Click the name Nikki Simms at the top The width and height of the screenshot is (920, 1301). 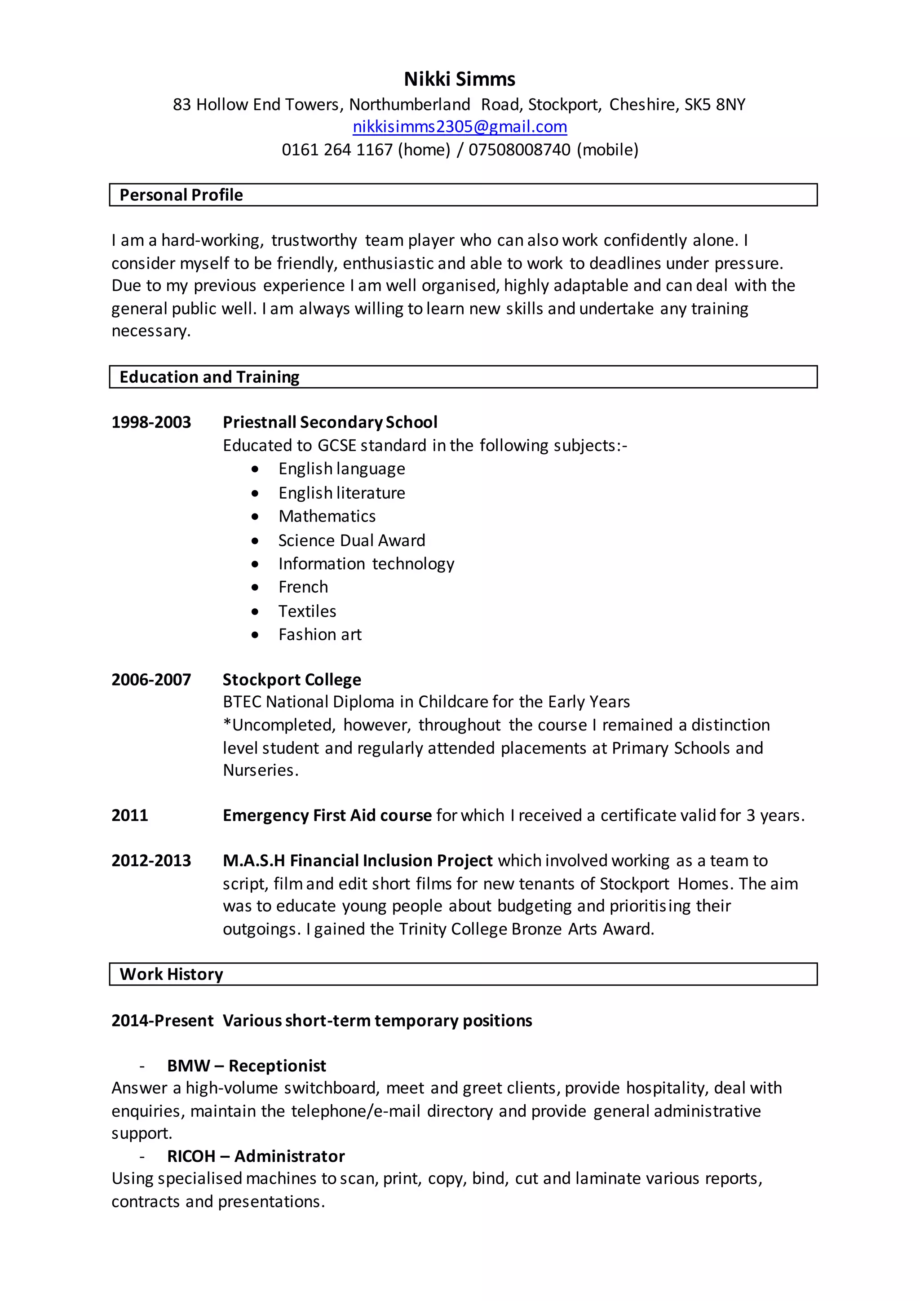click(x=460, y=80)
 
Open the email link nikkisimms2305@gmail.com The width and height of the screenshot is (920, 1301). click(x=460, y=127)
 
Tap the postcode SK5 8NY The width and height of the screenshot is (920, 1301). click(x=714, y=105)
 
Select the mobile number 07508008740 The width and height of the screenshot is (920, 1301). click(x=519, y=150)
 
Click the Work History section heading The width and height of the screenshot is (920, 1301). click(x=171, y=974)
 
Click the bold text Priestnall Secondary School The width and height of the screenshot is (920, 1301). click(x=330, y=422)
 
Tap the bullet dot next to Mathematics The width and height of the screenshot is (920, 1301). click(x=256, y=517)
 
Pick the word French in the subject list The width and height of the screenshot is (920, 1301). click(x=303, y=587)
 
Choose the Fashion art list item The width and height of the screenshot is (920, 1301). click(x=319, y=635)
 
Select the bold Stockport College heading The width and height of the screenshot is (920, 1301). click(x=292, y=679)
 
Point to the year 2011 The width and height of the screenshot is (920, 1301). click(x=130, y=815)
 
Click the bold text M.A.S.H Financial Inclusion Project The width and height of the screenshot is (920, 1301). click(x=358, y=861)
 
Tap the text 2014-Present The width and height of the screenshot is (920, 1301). click(x=162, y=1021)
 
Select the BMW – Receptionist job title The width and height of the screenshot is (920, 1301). click(x=247, y=1066)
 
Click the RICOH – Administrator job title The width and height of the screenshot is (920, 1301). click(x=256, y=1156)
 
